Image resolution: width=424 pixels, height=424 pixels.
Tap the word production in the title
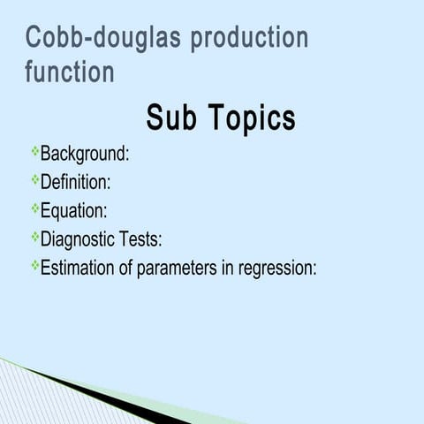coord(250,39)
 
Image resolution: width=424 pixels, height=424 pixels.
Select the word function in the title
coord(70,72)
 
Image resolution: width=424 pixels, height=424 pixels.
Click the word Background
coord(85,154)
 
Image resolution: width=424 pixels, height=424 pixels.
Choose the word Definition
coord(76,182)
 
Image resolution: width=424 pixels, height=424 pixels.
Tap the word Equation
coord(74,211)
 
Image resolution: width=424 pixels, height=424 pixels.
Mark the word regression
coord(277,268)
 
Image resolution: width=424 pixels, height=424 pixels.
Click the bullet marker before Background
coord(35,153)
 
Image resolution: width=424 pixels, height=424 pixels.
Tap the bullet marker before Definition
coord(35,181)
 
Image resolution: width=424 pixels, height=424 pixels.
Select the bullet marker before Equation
coord(35,209)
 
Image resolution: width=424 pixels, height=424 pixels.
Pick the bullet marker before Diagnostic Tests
coord(35,238)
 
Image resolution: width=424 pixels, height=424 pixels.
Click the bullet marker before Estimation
coord(35,266)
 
